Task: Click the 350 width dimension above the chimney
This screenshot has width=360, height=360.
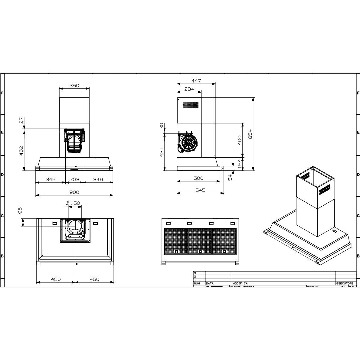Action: [74, 86]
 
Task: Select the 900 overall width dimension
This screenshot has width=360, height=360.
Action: [74, 192]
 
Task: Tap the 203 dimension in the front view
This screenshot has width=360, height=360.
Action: [74, 179]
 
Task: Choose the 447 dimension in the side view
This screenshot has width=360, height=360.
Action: [196, 81]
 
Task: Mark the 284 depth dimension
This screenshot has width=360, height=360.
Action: [189, 89]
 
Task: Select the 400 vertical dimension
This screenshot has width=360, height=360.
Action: [240, 140]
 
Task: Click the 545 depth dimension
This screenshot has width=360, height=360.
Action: [200, 190]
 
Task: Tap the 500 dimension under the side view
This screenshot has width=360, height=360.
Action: [198, 178]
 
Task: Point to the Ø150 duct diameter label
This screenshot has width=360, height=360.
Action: [73, 203]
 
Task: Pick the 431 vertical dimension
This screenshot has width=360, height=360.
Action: [162, 152]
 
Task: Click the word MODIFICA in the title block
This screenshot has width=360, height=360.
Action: [240, 283]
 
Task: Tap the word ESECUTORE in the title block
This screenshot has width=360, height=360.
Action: [344, 283]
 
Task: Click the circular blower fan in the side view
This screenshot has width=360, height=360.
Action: [188, 144]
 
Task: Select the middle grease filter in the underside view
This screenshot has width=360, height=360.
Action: [200, 241]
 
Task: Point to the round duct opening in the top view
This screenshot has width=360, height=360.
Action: [74, 226]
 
